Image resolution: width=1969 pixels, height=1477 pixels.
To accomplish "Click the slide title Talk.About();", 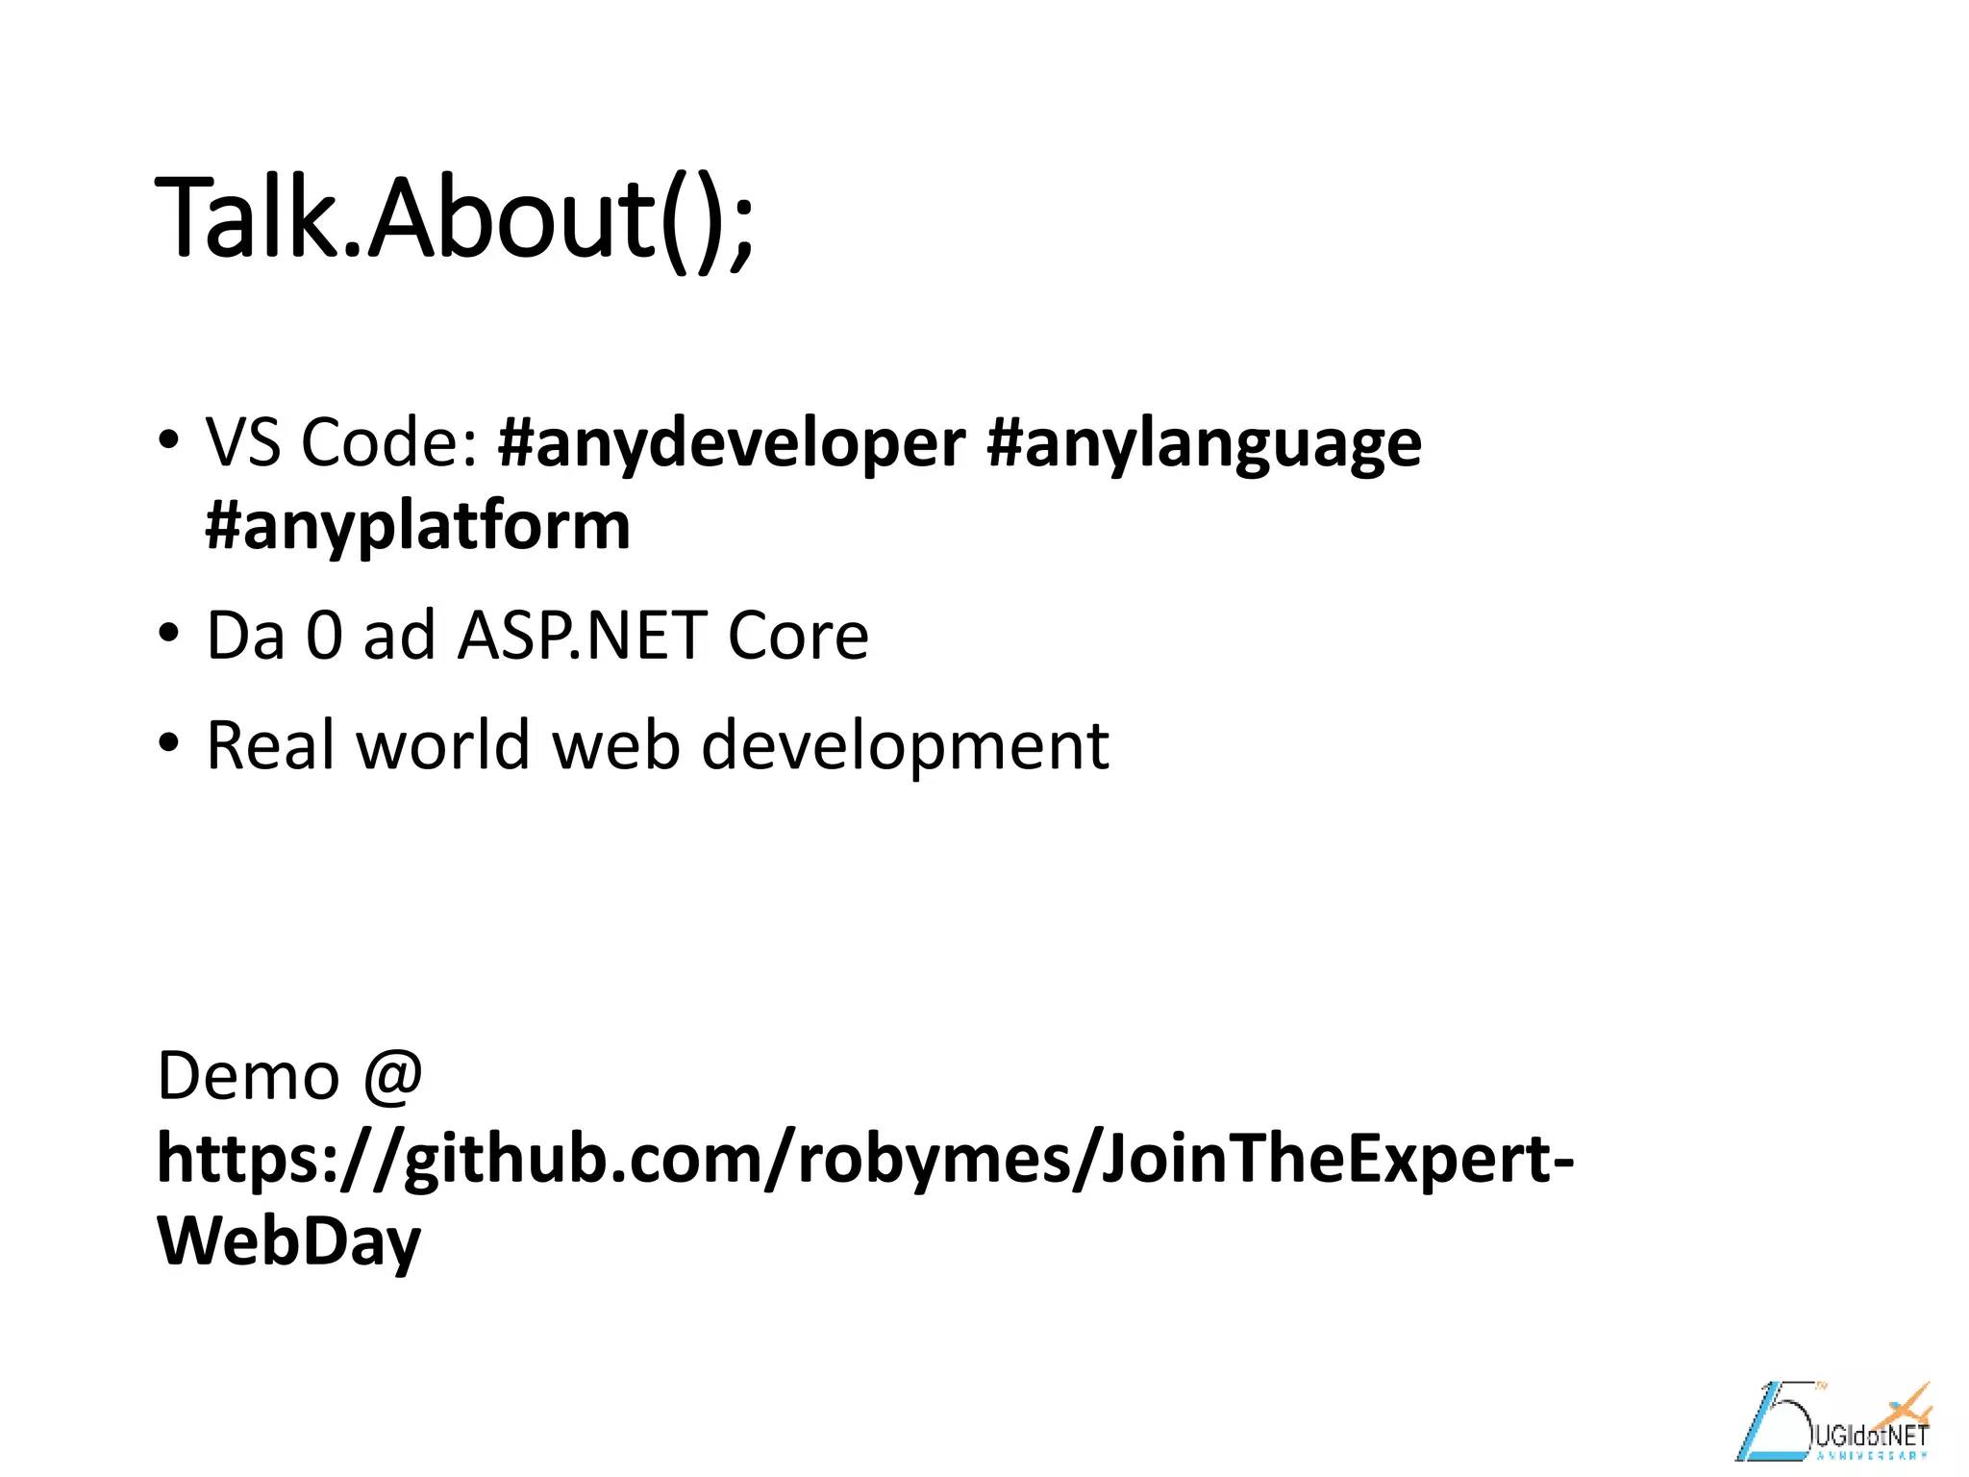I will [x=454, y=219].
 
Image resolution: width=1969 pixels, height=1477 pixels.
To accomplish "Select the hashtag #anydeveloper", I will [x=731, y=444].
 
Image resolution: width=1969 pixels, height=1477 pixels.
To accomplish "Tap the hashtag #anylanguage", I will [x=1204, y=444].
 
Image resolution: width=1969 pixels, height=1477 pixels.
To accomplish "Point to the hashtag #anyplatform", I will [x=418, y=527].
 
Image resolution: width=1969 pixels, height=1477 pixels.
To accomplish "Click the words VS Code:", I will [x=341, y=444].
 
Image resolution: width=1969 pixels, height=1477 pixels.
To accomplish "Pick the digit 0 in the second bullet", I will [x=324, y=637].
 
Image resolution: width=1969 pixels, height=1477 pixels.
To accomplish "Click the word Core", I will [x=798, y=637].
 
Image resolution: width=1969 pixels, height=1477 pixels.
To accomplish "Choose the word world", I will [x=443, y=746].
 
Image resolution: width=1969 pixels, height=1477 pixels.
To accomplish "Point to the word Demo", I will [x=248, y=1076].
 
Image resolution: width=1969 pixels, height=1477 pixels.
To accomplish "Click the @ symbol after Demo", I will [x=393, y=1076].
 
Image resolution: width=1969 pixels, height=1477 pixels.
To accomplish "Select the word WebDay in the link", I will [x=288, y=1241].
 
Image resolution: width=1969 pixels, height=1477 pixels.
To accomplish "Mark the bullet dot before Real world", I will [x=169, y=743].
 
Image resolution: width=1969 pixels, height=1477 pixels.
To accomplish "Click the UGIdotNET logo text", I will [x=1870, y=1437].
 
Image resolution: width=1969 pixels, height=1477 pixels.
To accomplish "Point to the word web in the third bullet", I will [x=616, y=746].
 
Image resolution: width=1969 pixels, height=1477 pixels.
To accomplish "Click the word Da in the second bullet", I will [x=246, y=637].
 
